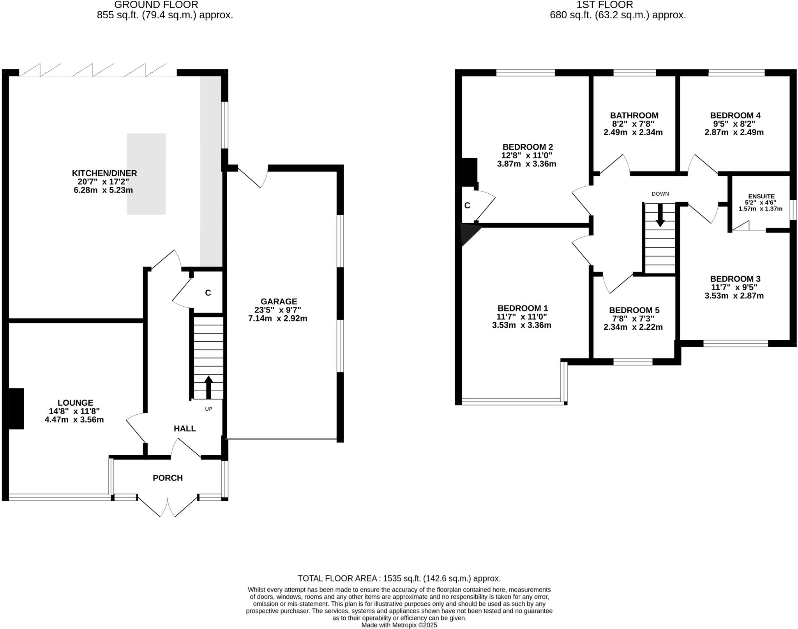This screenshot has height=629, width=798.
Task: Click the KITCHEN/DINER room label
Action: pos(104,173)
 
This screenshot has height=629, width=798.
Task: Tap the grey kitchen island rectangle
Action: pos(146,174)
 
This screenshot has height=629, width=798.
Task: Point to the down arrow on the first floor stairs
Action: pos(660,215)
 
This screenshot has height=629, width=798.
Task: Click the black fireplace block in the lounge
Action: pos(16,408)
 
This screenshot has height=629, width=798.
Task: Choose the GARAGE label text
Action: pos(279,301)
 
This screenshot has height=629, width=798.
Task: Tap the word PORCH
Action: pos(168,478)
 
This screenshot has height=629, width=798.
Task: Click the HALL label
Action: pos(185,429)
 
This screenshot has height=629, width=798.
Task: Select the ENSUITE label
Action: pos(761,196)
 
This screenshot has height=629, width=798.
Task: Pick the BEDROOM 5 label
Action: pos(634,310)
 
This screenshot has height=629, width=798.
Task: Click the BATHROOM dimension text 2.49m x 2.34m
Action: pos(633,132)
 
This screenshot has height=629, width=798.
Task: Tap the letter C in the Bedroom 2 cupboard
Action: pos(467,205)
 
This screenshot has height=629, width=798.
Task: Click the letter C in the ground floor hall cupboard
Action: pos(208,293)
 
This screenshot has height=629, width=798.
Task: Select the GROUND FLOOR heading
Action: pos(156,5)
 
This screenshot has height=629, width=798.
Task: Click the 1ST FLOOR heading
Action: pos(618,5)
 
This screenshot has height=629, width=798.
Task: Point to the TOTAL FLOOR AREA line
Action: pos(399,578)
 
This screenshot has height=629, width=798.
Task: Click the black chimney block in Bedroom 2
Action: pos(469,171)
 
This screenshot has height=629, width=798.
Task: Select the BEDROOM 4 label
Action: pos(735,115)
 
